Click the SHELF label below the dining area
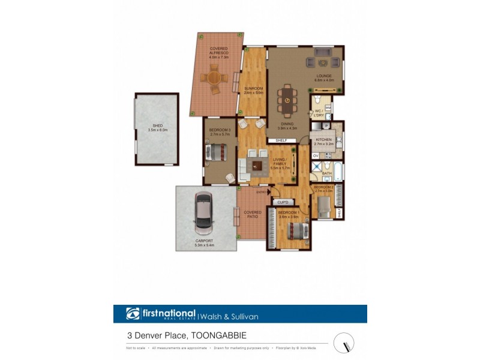(x=281, y=140)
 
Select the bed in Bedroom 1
(x=296, y=230)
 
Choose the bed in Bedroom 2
(x=323, y=207)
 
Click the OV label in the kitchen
(x=315, y=156)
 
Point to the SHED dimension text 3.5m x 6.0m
(x=157, y=130)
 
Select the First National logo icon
(x=133, y=314)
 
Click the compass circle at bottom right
(x=344, y=343)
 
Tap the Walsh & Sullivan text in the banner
(x=229, y=315)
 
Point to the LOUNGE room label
(x=325, y=76)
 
